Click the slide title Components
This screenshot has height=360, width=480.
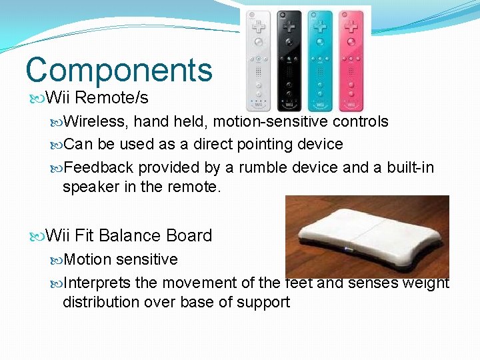pos(119,70)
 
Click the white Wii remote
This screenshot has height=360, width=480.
pos(258,60)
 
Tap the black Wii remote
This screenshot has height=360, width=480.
pos(289,60)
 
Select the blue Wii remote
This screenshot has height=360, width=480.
pos(320,60)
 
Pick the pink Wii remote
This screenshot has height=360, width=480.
pos(351,60)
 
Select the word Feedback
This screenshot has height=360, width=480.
pos(98,167)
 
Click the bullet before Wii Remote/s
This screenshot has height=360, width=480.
pos(37,99)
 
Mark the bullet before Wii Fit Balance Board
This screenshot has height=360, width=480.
pos(37,236)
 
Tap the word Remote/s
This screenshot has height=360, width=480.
pos(111,98)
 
